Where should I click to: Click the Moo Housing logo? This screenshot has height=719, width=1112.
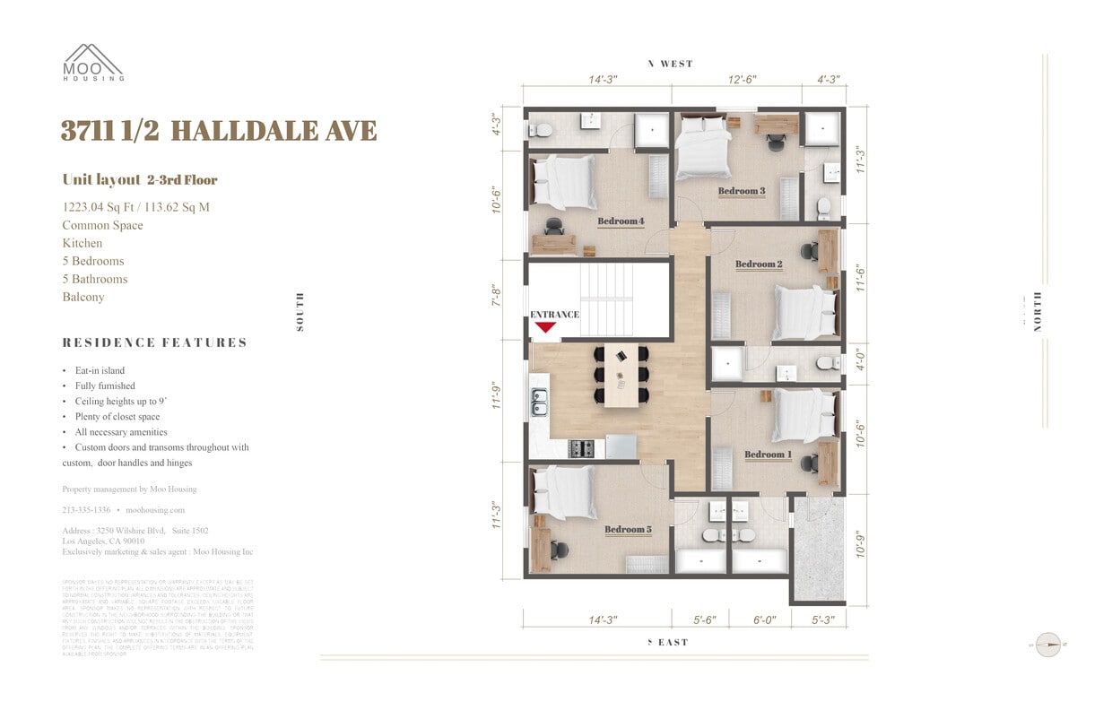pos(92,63)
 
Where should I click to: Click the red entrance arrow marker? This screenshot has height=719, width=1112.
pos(545,327)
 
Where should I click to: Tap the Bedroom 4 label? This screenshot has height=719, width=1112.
pos(621,221)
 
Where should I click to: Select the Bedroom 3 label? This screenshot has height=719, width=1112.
pos(741,191)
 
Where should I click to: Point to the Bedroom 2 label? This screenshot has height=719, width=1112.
pos(759,264)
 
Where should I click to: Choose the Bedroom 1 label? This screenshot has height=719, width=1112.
pos(768,455)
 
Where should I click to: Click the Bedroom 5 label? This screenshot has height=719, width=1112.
pos(628,530)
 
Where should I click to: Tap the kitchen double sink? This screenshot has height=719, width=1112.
pos(540,403)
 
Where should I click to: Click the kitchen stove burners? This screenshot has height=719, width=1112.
pos(581,447)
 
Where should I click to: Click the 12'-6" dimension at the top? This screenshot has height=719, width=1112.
pos(742,80)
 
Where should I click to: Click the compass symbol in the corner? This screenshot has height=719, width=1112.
pos(1047,644)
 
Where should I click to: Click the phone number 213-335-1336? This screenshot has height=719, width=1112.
pos(86,509)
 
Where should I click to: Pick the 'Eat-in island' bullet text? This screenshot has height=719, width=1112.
pos(100,370)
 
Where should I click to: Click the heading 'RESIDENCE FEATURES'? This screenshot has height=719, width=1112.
pos(154,342)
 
